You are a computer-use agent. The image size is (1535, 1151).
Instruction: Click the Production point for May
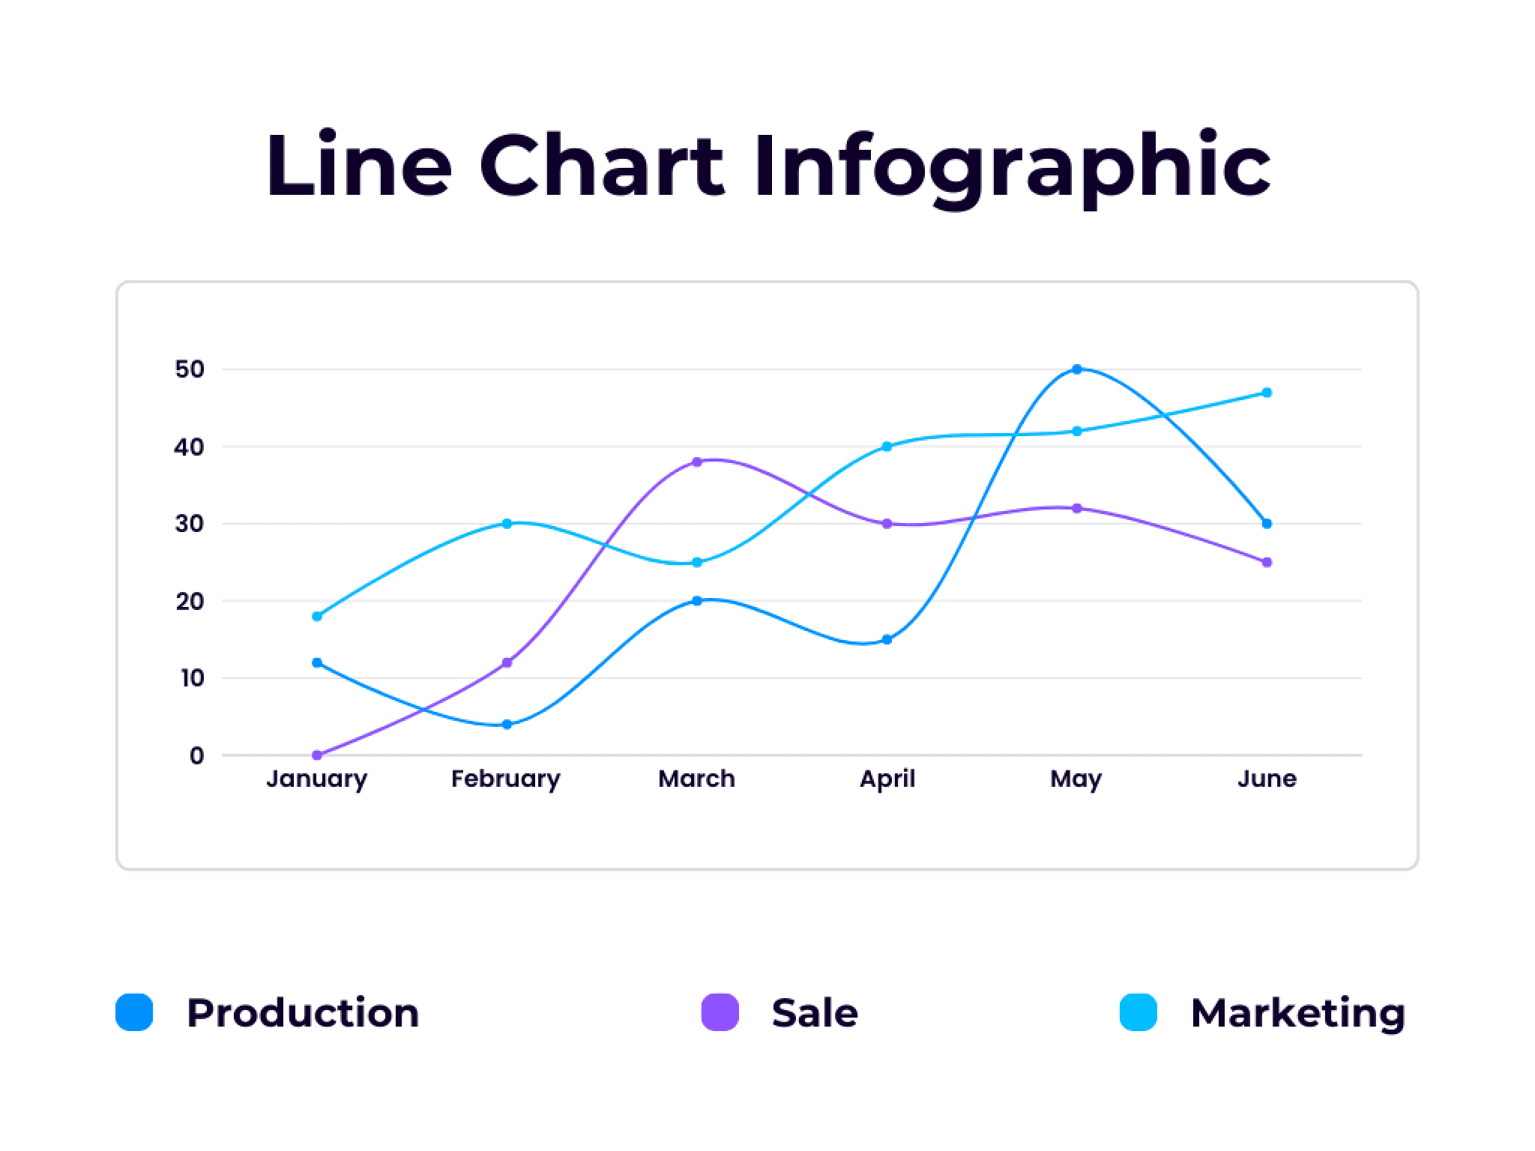point(1077,369)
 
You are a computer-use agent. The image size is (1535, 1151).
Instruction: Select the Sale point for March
point(697,462)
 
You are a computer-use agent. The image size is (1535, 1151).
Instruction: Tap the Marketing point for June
point(1267,393)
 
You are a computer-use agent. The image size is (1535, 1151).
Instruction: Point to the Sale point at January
point(317,755)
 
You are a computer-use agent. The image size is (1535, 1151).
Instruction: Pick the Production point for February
point(507,725)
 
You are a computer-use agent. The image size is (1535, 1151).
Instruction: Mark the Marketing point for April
point(887,447)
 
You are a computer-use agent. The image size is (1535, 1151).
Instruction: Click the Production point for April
point(887,639)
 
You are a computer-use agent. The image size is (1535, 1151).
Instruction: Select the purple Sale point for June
point(1267,562)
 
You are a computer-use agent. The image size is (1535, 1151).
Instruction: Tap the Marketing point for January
point(317,616)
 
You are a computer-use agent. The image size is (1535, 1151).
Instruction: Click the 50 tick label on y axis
point(190,369)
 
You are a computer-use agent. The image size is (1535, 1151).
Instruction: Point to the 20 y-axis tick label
point(190,601)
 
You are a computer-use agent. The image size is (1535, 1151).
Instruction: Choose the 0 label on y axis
point(196,756)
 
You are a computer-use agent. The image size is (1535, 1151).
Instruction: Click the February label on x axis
point(505,779)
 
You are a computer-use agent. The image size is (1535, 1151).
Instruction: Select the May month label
point(1076,779)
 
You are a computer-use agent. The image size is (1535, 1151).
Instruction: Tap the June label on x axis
point(1267,779)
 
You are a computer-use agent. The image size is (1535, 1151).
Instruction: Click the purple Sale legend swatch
point(720,1012)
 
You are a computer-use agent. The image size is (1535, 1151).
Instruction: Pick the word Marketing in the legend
point(1297,1013)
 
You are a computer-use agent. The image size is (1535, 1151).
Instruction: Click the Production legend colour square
point(135,1012)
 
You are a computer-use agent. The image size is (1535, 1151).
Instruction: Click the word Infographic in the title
point(1012,166)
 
